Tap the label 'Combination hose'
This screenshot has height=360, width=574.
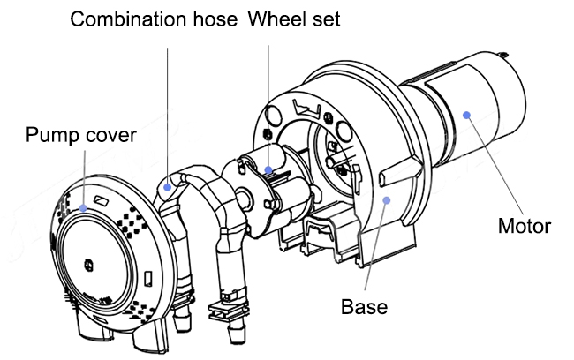click(x=152, y=19)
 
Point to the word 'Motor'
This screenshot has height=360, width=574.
click(x=524, y=227)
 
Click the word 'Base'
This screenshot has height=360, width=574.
click(x=365, y=307)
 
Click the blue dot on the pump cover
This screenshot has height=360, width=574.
click(x=85, y=208)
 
